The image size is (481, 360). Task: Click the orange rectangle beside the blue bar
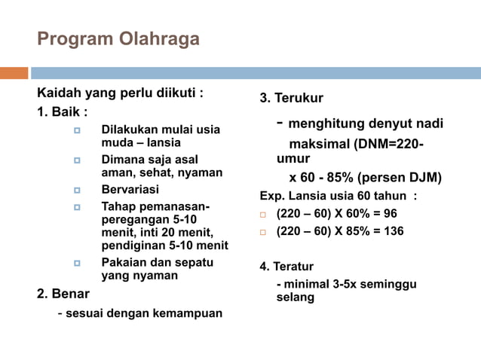[14, 73]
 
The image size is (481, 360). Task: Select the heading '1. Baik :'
[63, 111]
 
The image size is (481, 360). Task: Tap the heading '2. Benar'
[63, 293]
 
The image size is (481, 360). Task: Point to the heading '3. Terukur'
[292, 99]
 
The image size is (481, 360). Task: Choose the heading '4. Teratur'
[286, 266]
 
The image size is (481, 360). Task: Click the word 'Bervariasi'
[130, 190]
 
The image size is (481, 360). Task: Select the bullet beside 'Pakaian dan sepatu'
[77, 264]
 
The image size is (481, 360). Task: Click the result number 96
[390, 213]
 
